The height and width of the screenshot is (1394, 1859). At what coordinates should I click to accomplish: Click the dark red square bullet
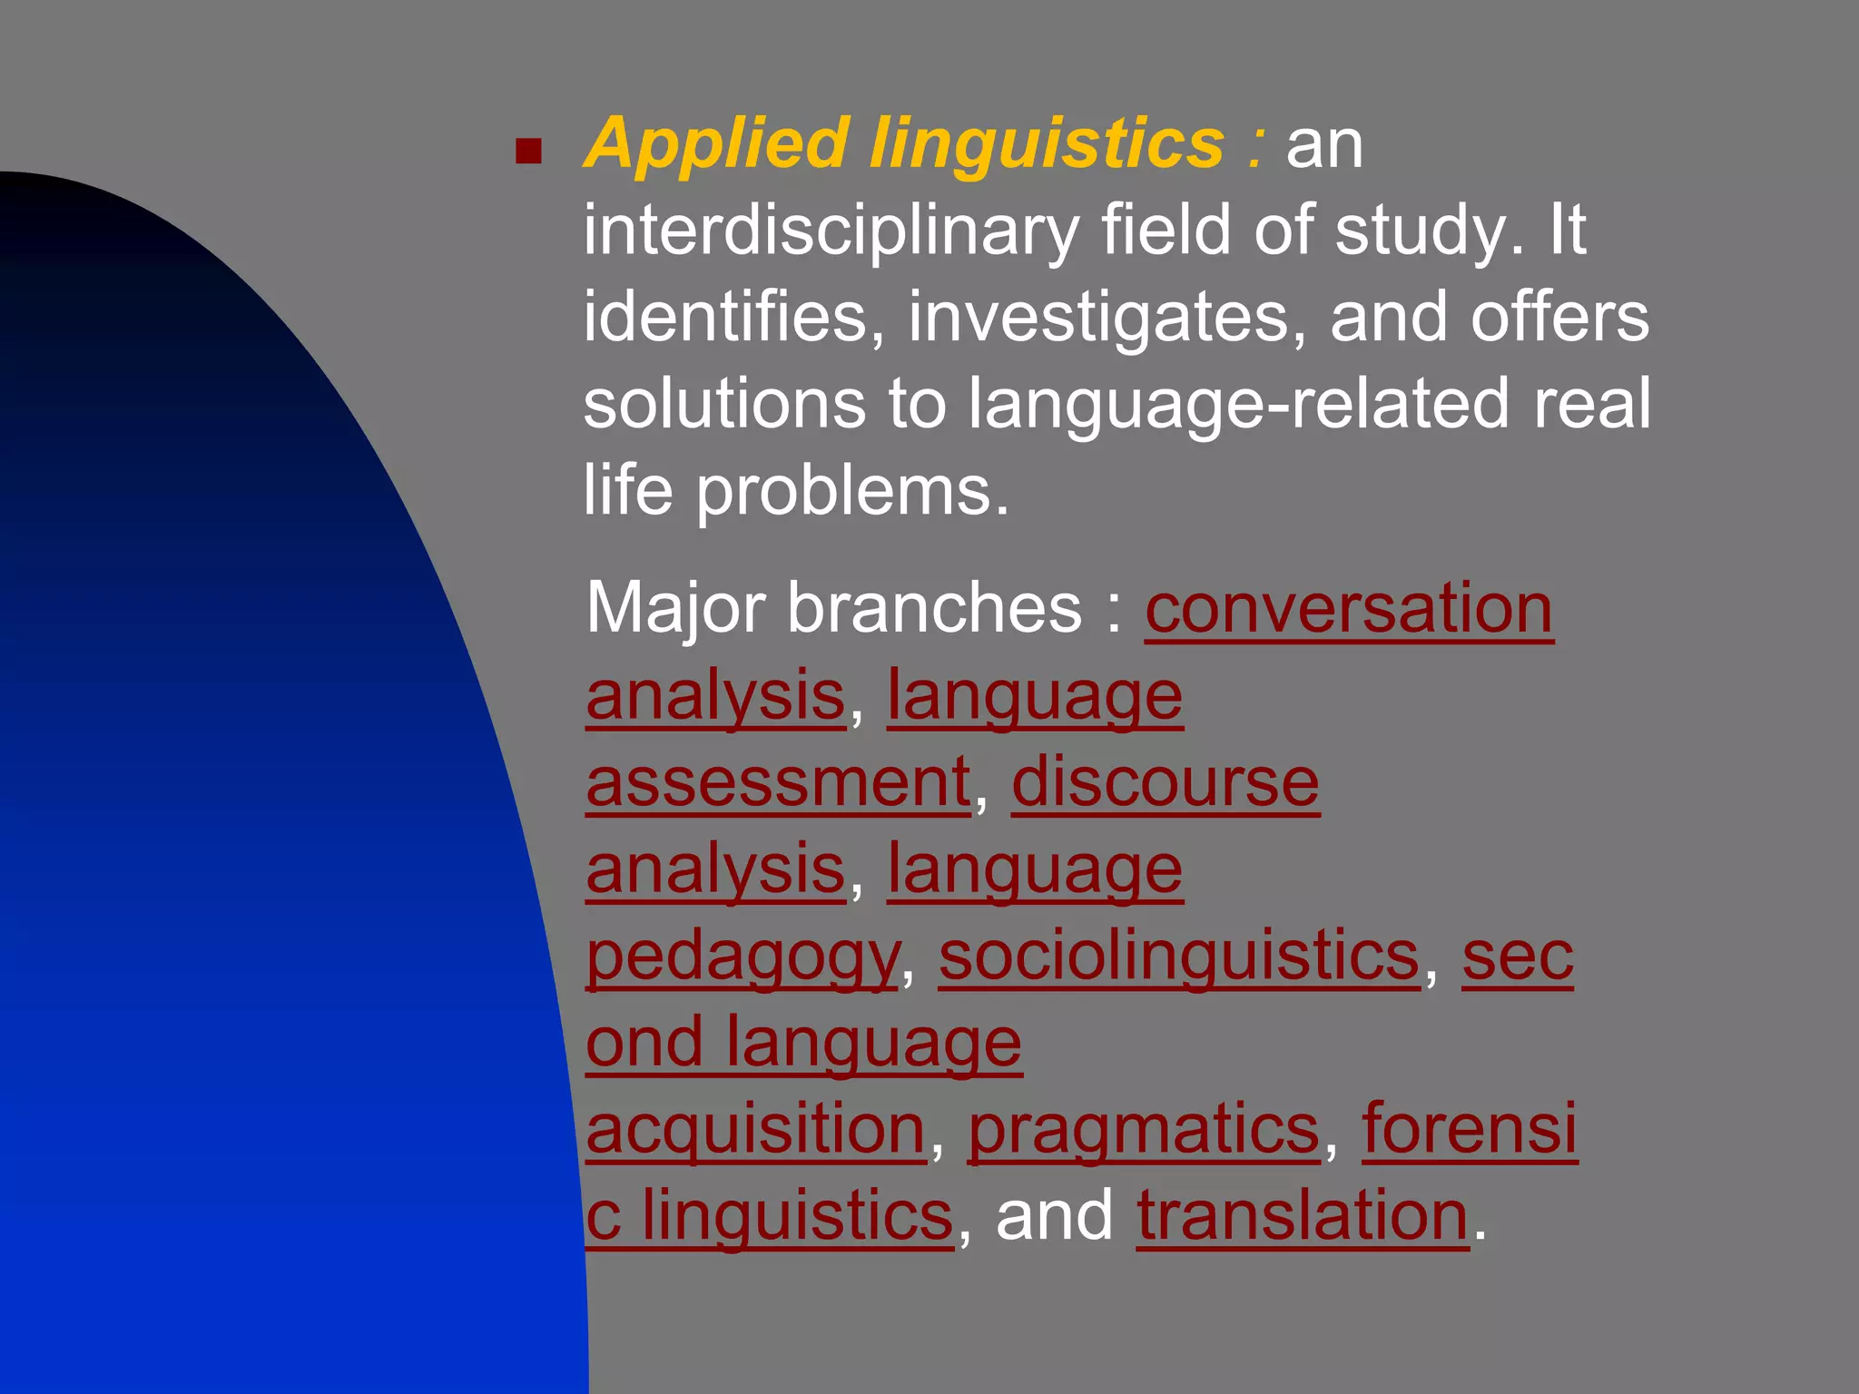528,151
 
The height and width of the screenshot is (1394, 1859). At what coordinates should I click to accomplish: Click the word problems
852,491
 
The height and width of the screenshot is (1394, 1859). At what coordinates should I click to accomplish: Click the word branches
935,608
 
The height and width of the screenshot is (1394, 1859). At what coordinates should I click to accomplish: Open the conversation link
1349,608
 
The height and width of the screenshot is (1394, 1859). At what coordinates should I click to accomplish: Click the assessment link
778,782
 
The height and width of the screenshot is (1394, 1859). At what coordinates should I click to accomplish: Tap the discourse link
1166,782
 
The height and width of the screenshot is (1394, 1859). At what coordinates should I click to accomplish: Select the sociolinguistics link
1179,957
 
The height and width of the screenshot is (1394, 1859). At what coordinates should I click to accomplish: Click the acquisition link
755,1130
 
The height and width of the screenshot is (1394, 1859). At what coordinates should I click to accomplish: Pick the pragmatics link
1144,1130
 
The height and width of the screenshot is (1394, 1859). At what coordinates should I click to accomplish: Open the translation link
1303,1216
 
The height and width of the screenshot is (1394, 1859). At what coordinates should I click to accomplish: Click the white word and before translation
1054,1216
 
